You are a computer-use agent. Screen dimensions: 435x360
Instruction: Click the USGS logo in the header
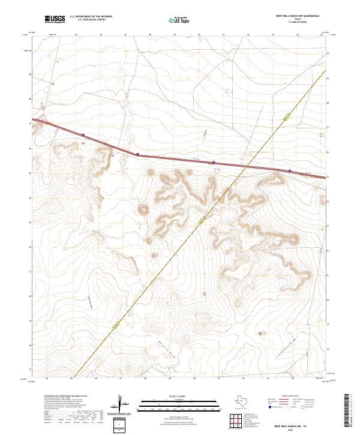tap(53, 20)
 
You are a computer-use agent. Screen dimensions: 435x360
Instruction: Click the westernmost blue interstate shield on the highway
tap(83, 135)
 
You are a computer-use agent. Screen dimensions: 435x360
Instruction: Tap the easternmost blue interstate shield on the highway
tap(289, 170)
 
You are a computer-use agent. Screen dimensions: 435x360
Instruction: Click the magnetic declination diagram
tap(123, 405)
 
